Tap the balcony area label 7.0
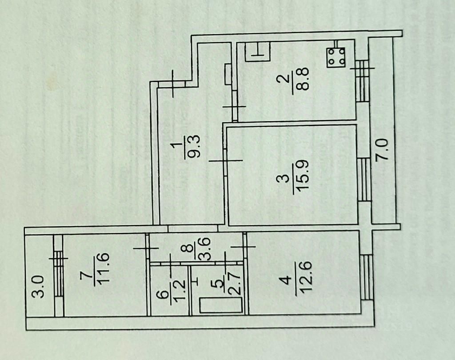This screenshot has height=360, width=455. point(383,150)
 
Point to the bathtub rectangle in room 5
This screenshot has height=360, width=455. point(220,306)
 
